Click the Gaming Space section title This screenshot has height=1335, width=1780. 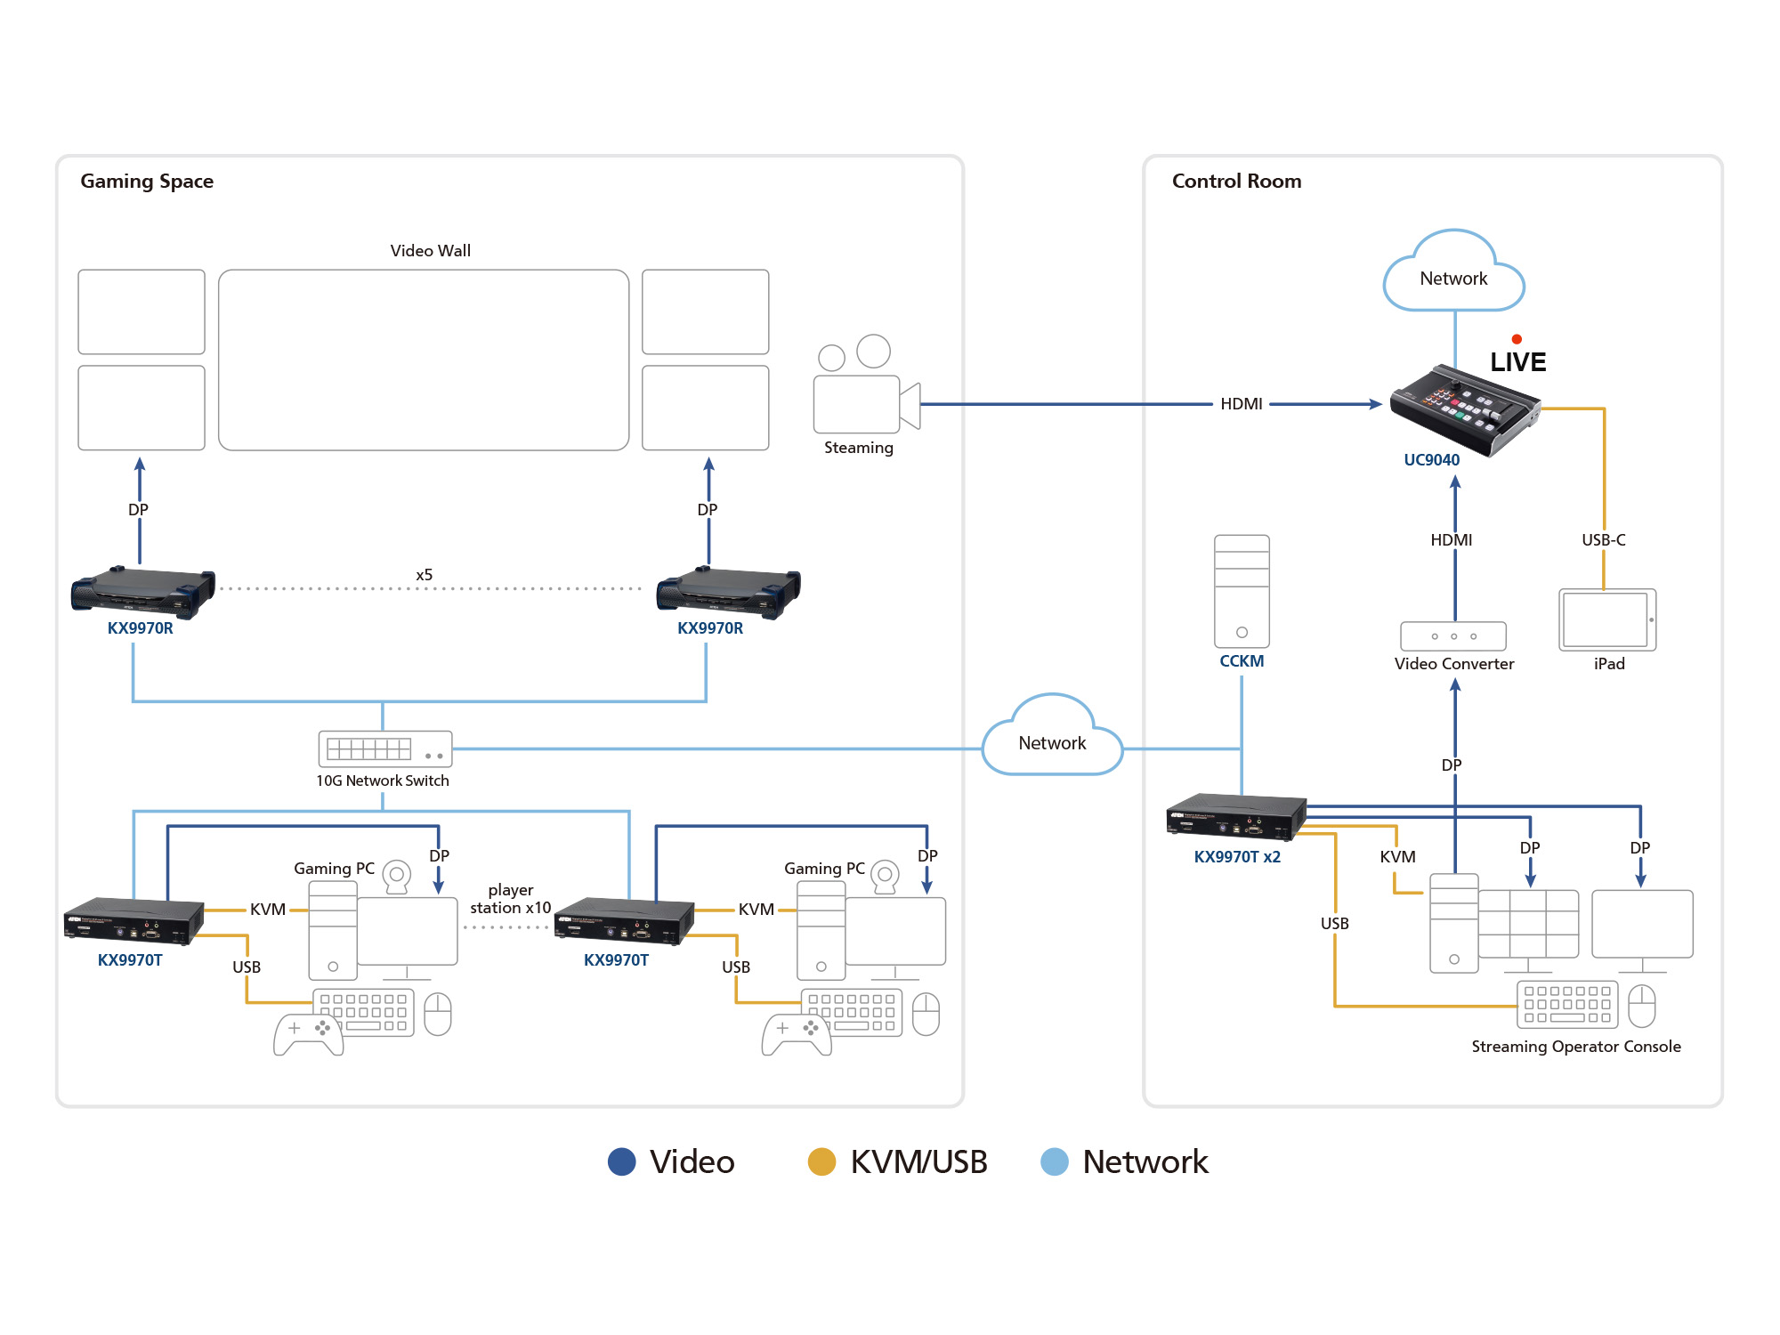click(x=147, y=182)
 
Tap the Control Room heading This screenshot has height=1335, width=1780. click(x=1236, y=182)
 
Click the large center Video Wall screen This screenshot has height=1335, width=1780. click(x=424, y=360)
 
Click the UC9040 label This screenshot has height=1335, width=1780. click(x=1431, y=460)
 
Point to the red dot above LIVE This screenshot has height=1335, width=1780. click(x=1517, y=339)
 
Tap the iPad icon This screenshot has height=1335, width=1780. click(x=1607, y=619)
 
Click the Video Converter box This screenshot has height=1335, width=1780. click(x=1453, y=636)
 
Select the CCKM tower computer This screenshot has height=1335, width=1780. click(x=1242, y=591)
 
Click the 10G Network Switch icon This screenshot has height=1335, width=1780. click(x=385, y=749)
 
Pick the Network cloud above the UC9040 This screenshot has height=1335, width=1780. click(x=1453, y=276)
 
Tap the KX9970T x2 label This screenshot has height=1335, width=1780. click(x=1237, y=857)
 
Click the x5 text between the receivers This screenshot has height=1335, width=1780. click(x=425, y=575)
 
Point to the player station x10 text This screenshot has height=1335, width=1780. click(x=510, y=899)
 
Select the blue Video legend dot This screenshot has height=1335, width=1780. click(x=621, y=1161)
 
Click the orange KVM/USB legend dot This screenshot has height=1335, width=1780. click(x=821, y=1161)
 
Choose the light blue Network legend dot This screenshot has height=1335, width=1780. click(x=1055, y=1161)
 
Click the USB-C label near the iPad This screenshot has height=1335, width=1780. click(x=1603, y=540)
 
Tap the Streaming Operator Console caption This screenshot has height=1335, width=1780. click(x=1575, y=1047)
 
